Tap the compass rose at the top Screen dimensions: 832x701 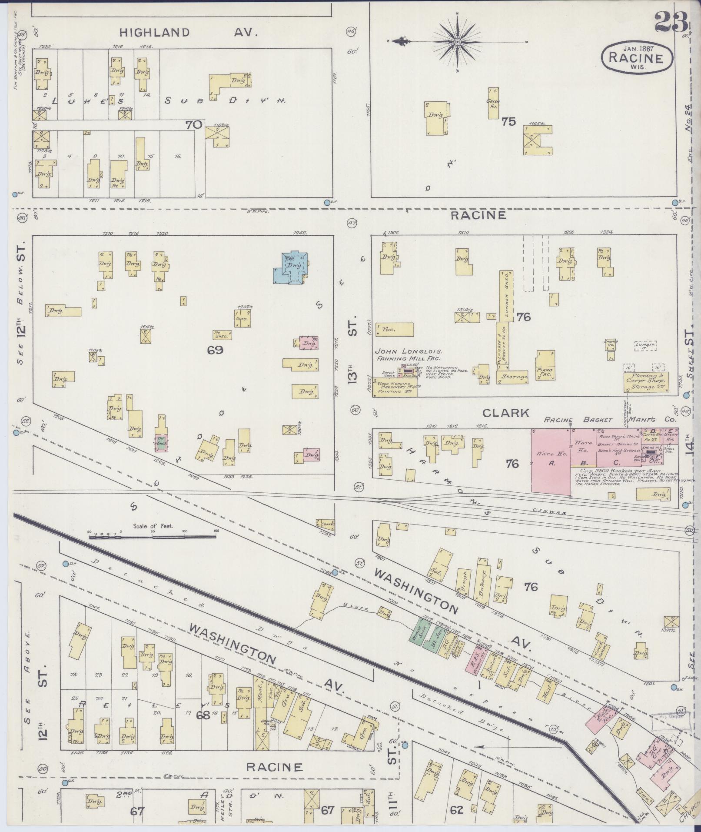pyautogui.click(x=458, y=42)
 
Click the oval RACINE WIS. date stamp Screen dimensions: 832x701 pyautogui.click(x=637, y=57)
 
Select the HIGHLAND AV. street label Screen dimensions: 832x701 pyautogui.click(x=189, y=32)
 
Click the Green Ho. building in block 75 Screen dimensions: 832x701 pyautogui.click(x=493, y=103)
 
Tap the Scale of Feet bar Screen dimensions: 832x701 pyautogui.click(x=153, y=536)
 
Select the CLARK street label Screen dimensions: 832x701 pyautogui.click(x=506, y=413)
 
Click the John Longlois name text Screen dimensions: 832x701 pyautogui.click(x=408, y=351)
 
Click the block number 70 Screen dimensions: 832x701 pyautogui.click(x=193, y=125)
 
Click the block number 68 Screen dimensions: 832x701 pyautogui.click(x=203, y=714)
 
